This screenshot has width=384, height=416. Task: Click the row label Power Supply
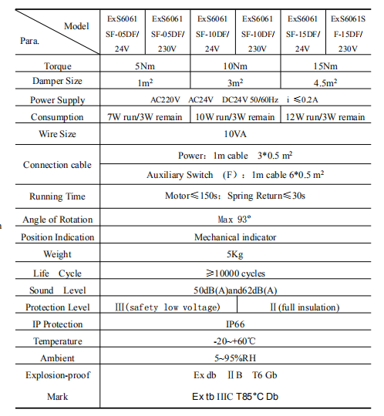[58, 100]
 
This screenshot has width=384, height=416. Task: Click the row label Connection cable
[57, 165]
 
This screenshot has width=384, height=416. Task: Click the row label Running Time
[57, 196]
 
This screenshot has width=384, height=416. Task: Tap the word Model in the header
[77, 25]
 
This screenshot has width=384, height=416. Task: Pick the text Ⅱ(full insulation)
[304, 307]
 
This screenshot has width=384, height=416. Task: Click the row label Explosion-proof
[57, 376]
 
